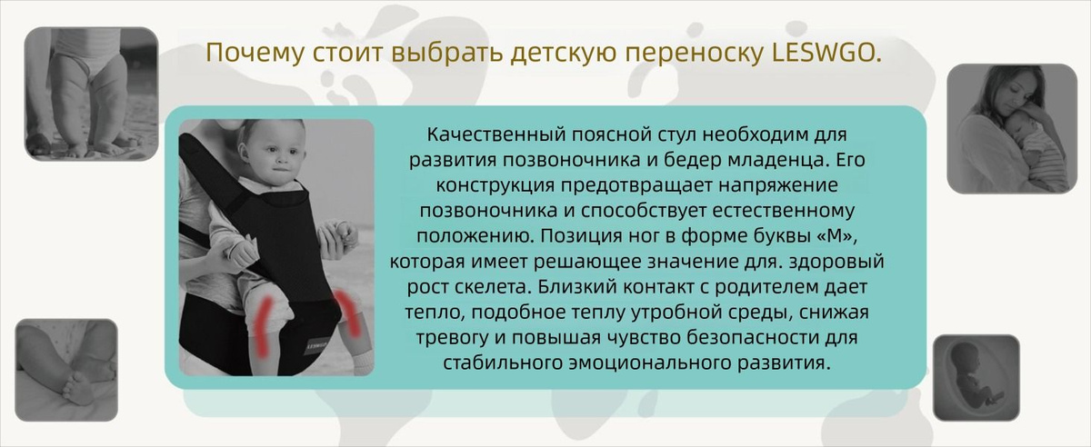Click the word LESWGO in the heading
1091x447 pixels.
tap(827, 53)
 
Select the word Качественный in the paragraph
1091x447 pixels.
tap(495, 134)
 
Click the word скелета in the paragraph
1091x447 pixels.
tap(492, 287)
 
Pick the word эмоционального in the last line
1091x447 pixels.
tap(651, 363)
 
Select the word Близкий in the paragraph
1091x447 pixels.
tap(575, 287)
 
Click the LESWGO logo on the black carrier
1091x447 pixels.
tap(316, 346)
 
